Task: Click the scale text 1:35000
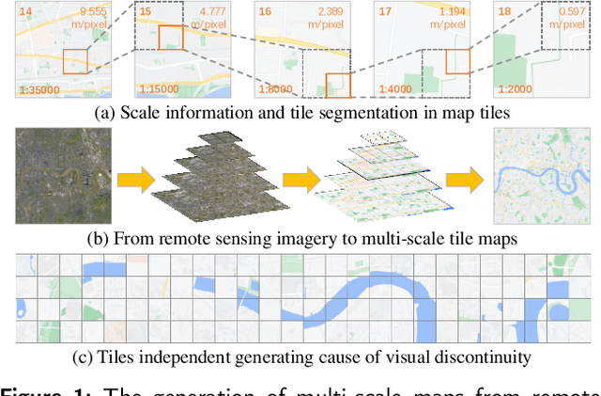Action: click(39, 90)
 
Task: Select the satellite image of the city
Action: click(62, 176)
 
